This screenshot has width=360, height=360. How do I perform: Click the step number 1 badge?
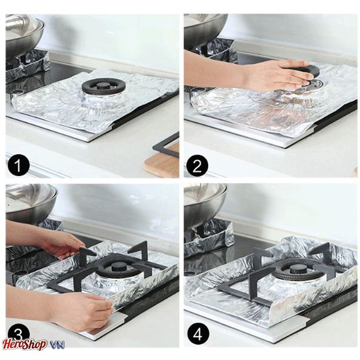tap(18, 166)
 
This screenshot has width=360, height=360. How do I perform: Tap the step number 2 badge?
tap(197, 166)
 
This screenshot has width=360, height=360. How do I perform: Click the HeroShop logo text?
tap(24, 345)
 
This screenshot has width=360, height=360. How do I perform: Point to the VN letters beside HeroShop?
tap(57, 345)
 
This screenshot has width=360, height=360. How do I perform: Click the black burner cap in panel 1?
tap(103, 87)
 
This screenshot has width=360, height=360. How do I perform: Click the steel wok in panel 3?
tap(30, 202)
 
